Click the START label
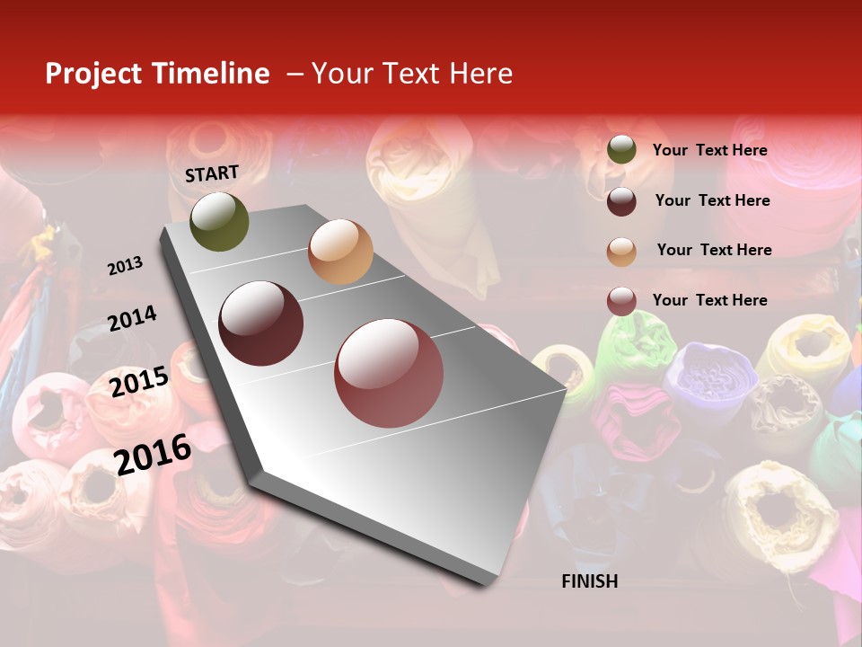coord(212,173)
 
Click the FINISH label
coord(589,581)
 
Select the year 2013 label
coord(125,265)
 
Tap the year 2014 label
coord(132,319)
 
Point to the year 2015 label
coord(139,381)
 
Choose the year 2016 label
coord(153,454)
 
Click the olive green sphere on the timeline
coord(219,222)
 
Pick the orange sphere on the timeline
coord(340,252)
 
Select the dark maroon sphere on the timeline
coord(261,323)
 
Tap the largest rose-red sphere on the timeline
coord(389,373)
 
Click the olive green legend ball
coord(621,150)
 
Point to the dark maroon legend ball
coord(621,201)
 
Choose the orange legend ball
coord(621,251)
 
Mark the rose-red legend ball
coord(621,300)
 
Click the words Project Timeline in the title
coord(157,74)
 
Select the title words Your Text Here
coord(412,74)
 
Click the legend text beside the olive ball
coord(709,150)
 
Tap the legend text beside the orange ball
coord(714,250)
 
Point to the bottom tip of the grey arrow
coord(484,585)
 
